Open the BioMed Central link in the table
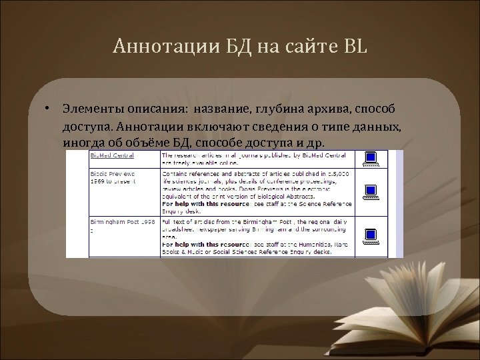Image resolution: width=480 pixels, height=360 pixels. [x=113, y=156]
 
